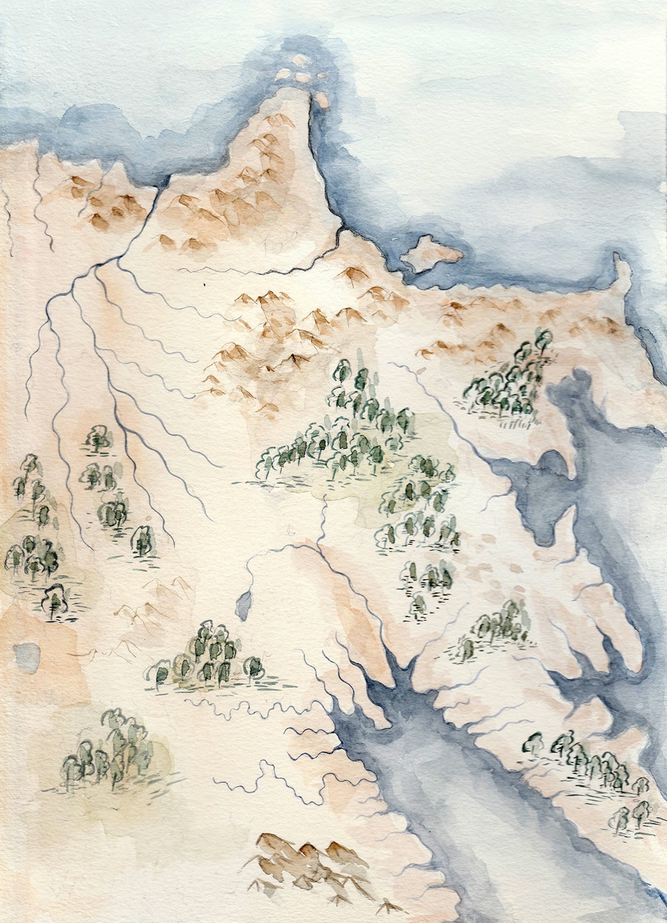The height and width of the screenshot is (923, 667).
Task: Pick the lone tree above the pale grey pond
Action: point(54,600)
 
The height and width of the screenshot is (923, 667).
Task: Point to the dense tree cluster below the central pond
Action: point(207,655)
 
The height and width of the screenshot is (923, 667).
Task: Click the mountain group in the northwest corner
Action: point(105,198)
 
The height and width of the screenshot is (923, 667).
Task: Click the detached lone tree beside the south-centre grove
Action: point(254,668)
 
